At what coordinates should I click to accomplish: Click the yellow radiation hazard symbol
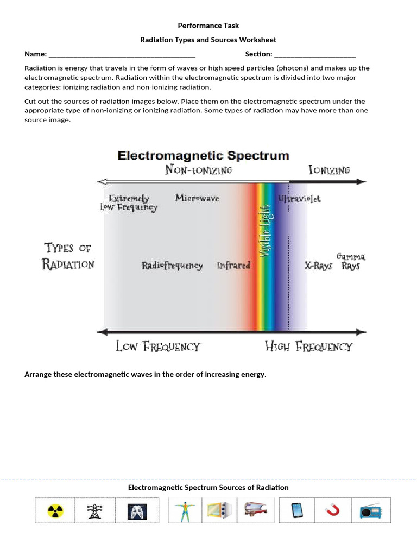(55, 511)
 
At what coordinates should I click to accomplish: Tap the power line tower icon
(95, 511)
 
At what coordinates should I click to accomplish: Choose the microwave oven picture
(219, 511)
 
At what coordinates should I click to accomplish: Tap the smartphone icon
(296, 511)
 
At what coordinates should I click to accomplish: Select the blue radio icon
(370, 511)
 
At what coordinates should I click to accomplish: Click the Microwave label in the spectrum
(197, 198)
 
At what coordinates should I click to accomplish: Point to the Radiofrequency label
(172, 266)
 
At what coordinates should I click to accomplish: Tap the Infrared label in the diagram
(233, 266)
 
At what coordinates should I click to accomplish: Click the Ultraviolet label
(299, 199)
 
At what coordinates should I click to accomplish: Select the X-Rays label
(318, 266)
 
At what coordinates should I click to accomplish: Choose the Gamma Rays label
(351, 261)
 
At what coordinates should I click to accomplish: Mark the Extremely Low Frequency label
(129, 203)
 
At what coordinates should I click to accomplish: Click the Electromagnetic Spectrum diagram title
(204, 156)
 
